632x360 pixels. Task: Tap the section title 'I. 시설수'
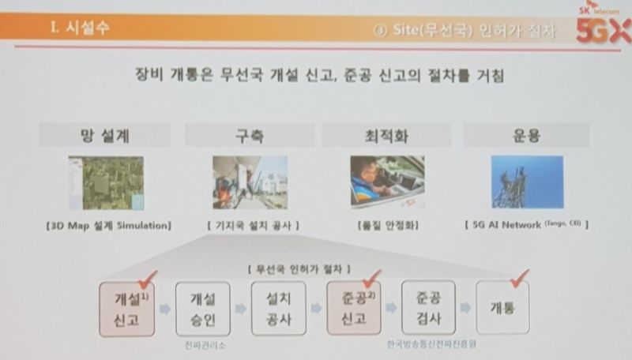(x=80, y=30)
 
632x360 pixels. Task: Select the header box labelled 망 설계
(x=104, y=135)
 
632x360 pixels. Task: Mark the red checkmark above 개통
(x=518, y=276)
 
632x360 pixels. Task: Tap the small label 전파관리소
(x=201, y=346)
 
